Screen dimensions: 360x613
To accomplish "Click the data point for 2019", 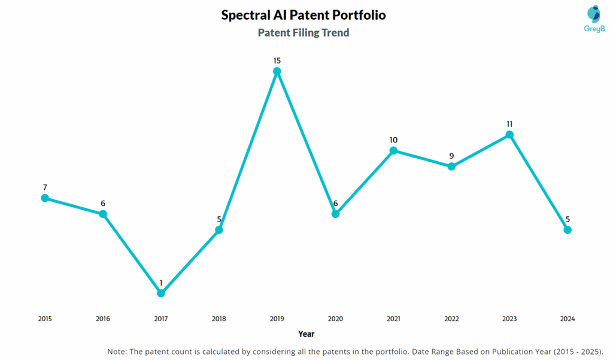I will coord(277,71).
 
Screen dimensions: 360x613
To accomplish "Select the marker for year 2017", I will coord(161,293).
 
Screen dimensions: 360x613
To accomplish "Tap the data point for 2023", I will coord(509,135).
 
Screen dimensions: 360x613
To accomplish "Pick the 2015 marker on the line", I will coord(45,198).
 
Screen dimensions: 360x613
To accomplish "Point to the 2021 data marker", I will coord(393,150).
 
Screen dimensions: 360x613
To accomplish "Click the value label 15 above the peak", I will coord(277,60).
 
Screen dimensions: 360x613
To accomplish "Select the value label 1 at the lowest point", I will coord(161,283).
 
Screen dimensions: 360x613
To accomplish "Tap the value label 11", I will coord(509,124).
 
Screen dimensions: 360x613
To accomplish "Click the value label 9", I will coord(451,156).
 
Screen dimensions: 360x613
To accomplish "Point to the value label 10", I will coord(393,140).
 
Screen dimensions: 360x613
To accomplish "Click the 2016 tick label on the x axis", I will coord(103,319).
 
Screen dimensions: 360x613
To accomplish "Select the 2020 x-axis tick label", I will coord(335,319).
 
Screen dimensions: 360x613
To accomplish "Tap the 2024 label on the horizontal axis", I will coord(568,319).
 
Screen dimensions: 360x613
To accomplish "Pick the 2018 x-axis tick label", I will coord(219,319).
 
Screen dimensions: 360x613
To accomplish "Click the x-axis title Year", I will coord(306,334).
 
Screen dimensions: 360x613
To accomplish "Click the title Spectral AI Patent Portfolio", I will coord(304,16).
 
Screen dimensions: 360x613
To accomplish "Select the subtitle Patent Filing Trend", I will coord(304,33).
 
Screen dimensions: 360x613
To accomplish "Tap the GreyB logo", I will coord(577,20).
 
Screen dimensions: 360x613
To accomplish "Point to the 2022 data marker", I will coord(451,167).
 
